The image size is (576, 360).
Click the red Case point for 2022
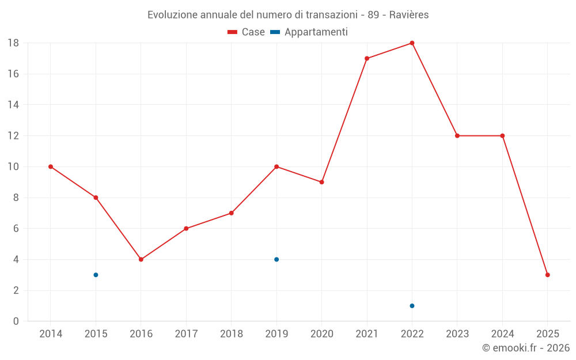[412, 43]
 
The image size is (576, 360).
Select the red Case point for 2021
[367, 58]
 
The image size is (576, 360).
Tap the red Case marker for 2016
[141, 259]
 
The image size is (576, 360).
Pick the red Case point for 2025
[548, 275]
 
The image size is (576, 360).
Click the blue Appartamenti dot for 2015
[96, 275]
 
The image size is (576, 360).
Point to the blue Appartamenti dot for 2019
[276, 259]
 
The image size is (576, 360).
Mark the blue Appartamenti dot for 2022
[412, 306]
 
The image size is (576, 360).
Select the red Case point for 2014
[51, 166]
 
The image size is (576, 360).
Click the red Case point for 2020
[322, 182]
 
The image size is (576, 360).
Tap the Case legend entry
[247, 32]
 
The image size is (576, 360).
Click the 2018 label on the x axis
[231, 334]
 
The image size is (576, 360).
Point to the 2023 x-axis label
[457, 334]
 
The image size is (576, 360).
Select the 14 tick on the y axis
[13, 105]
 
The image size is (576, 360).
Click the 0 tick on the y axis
[16, 321]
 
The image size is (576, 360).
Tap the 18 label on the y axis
[13, 43]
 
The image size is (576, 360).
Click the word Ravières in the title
[409, 15]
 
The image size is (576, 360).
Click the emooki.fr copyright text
[526, 348]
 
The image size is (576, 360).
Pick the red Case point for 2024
[502, 136]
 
